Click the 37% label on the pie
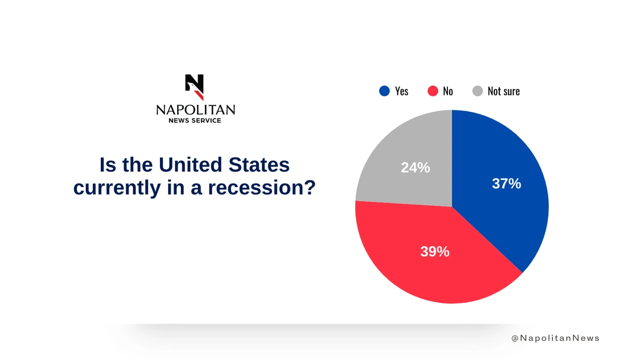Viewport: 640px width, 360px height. (x=506, y=184)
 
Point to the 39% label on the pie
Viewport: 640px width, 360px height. (x=435, y=252)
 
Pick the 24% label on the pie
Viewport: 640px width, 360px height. (x=415, y=167)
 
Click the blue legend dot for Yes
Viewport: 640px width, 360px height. (x=385, y=91)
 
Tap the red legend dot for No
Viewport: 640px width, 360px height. (x=433, y=91)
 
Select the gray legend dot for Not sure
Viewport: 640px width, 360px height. (x=477, y=91)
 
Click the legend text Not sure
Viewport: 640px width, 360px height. (x=503, y=91)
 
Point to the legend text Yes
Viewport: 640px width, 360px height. (x=402, y=91)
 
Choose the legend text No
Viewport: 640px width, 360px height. (x=448, y=91)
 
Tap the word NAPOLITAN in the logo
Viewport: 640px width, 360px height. (x=195, y=110)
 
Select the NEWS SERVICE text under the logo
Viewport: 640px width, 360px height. (x=195, y=121)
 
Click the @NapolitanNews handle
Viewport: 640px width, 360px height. (x=555, y=338)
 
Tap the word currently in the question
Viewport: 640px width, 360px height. (x=110, y=188)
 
